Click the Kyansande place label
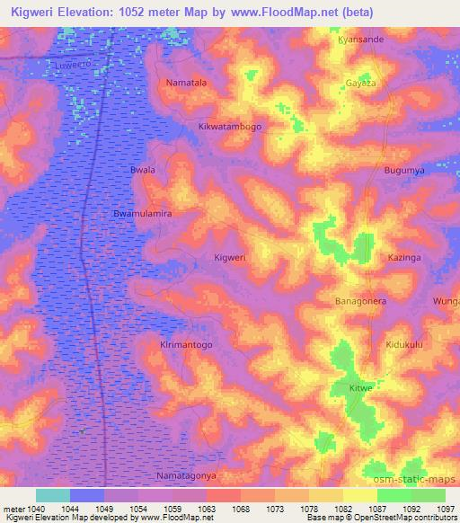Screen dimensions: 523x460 360,40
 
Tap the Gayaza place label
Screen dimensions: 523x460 359,83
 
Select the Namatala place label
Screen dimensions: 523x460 186,83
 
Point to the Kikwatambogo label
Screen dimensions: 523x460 230,127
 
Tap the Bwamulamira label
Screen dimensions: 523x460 142,214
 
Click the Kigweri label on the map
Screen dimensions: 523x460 230,257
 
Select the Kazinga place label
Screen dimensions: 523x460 403,257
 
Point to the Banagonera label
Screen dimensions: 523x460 360,301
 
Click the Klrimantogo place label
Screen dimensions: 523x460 186,344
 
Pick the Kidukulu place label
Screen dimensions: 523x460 403,344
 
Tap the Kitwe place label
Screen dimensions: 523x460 359,388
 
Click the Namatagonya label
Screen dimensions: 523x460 186,475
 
